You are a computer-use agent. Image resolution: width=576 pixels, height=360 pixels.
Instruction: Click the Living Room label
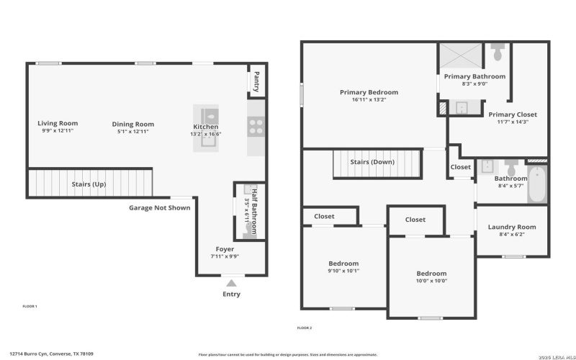point(58,123)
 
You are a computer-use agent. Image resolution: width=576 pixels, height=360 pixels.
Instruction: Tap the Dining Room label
point(135,124)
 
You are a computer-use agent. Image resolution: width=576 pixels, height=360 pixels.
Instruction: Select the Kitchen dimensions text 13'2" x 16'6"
point(205,135)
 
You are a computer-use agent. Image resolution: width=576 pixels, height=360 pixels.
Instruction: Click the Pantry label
point(256,81)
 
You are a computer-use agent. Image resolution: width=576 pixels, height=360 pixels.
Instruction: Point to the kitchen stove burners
point(256,127)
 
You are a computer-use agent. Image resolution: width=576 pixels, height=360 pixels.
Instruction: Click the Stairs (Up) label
point(89,184)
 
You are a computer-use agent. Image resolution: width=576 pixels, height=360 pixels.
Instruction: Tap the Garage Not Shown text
point(159,208)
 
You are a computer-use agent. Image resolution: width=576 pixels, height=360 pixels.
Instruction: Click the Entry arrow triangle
point(230,283)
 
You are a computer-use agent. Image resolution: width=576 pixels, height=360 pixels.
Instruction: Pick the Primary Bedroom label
point(369,92)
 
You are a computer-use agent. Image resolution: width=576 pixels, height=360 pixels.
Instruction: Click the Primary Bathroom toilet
point(498,53)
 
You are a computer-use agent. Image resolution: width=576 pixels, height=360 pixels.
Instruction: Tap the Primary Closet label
point(513,114)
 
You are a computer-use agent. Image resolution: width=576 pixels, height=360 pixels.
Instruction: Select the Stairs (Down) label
point(372,162)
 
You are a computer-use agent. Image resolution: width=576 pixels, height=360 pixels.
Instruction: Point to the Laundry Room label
point(512,227)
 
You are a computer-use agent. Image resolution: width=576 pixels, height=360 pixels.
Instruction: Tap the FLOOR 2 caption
point(305,328)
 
